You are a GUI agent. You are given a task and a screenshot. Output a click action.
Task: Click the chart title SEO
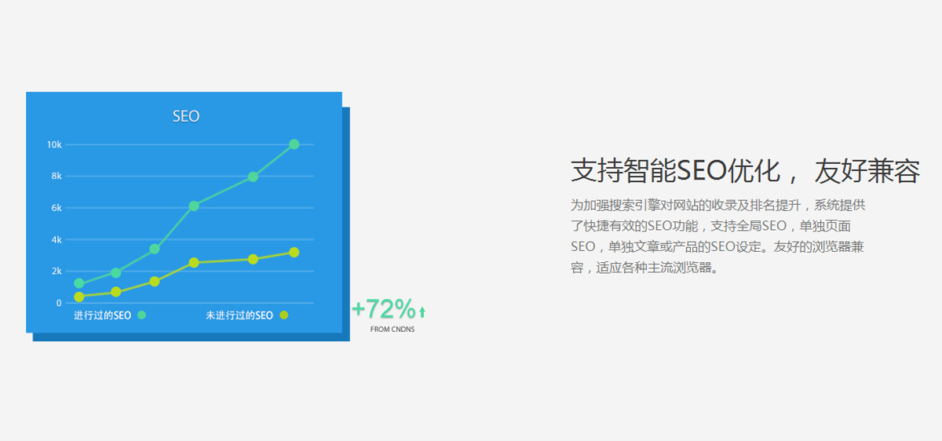[x=186, y=116]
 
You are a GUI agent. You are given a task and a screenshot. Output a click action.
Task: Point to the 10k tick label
[x=54, y=144]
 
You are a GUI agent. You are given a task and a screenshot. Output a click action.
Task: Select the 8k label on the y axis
[x=57, y=176]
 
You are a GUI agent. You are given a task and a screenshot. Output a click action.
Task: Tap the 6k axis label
[x=57, y=208]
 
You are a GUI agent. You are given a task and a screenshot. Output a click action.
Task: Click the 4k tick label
[x=57, y=239]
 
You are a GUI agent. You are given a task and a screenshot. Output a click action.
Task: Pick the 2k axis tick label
[x=57, y=272]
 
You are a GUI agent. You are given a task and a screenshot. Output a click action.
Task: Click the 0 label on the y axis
[x=59, y=303]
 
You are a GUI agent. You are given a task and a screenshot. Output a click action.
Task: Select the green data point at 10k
[x=294, y=144]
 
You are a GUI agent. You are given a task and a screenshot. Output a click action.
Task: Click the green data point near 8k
[x=253, y=177]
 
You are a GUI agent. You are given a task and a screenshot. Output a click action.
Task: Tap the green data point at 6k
[x=194, y=206]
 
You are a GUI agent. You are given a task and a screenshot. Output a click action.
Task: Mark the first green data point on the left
[x=79, y=283]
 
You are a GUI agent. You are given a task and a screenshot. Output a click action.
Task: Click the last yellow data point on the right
[x=294, y=252]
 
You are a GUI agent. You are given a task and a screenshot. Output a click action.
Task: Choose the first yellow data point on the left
[x=79, y=297]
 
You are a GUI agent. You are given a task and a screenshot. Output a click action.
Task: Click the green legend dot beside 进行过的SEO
[x=142, y=315]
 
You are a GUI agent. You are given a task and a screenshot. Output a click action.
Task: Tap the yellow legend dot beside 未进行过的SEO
[x=284, y=315]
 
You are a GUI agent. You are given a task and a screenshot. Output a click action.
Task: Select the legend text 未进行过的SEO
[x=239, y=315]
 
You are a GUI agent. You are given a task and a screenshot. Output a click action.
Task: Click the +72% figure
[x=384, y=309]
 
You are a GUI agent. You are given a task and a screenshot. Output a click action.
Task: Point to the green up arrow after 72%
[x=422, y=312]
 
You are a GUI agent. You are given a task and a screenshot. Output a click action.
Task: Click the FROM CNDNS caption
[x=392, y=329]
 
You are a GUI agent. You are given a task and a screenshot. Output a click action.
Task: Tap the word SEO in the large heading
[x=702, y=171]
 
